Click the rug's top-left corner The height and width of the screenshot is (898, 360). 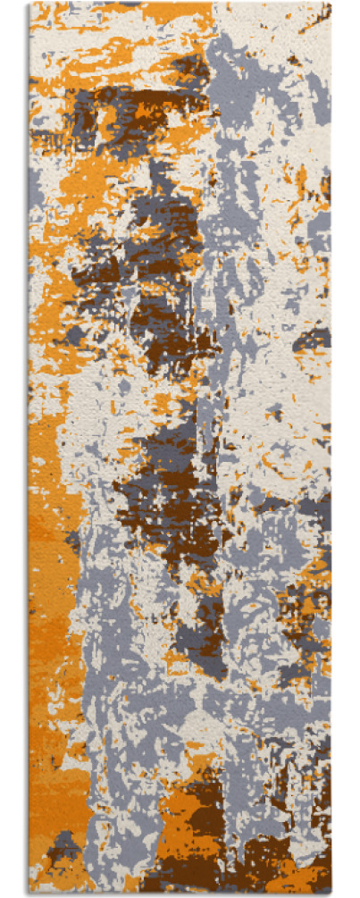tap(29, 3)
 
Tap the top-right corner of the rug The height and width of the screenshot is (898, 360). tap(331, 3)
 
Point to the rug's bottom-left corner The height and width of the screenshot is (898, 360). tap(29, 894)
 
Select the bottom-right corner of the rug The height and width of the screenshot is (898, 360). tap(331, 894)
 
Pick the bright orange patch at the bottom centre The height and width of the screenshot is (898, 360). tap(183, 813)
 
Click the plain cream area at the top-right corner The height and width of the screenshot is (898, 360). tap(295, 22)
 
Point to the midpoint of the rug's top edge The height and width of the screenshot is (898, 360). tap(180, 3)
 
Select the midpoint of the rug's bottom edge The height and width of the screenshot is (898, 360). tap(180, 894)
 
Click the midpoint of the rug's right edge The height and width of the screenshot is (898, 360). tap(331, 449)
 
